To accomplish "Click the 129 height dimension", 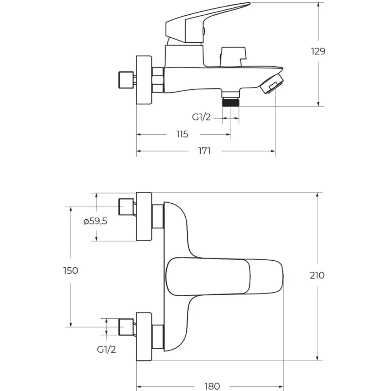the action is pyautogui.click(x=318, y=51).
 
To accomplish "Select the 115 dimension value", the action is pyautogui.click(x=182, y=134).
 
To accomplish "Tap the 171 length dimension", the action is pyautogui.click(x=204, y=151).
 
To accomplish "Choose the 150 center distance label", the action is pyautogui.click(x=71, y=271).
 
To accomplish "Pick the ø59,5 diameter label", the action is pyautogui.click(x=95, y=221).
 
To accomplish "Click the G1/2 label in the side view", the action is pyautogui.click(x=201, y=117).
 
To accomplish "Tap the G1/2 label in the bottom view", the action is pyautogui.click(x=106, y=349).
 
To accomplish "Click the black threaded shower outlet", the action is pyautogui.click(x=231, y=102).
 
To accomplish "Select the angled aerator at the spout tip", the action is pyautogui.click(x=272, y=84).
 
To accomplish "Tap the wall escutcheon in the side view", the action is pyautogui.click(x=144, y=80).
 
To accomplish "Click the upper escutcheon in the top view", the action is pyautogui.click(x=144, y=216).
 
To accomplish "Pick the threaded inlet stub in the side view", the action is pyautogui.click(x=126, y=80).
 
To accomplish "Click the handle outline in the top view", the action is pyautogui.click(x=224, y=276).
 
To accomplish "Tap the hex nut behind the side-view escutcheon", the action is pyautogui.click(x=158, y=80).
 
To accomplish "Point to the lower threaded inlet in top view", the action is pyautogui.click(x=126, y=327).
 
